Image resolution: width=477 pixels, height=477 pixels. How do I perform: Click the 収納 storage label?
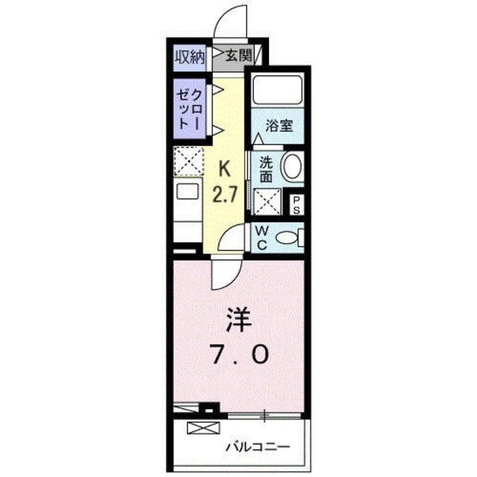coord(189,56)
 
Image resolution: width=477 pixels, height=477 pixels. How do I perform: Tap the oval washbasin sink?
coord(293,165)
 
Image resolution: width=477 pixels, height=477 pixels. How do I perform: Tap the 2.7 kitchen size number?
coord(224,197)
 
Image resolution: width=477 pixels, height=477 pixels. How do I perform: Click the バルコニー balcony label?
coord(257,447)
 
